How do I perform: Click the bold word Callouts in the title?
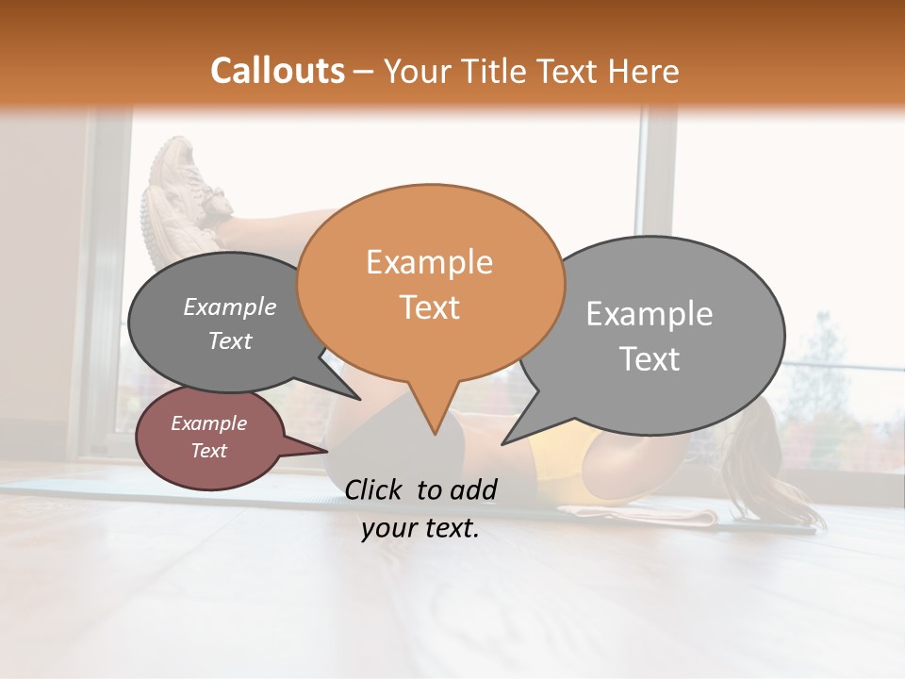[277, 71]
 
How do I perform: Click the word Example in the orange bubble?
[429, 262]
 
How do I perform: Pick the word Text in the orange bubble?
[430, 307]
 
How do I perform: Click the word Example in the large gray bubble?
[649, 314]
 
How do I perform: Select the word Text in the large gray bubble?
[650, 359]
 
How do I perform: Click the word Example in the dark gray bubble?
[230, 306]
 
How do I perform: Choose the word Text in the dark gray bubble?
[230, 340]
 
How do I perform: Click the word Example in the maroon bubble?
[209, 423]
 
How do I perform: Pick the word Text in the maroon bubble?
[209, 451]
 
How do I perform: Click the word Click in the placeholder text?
[375, 489]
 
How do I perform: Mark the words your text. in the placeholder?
[420, 529]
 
